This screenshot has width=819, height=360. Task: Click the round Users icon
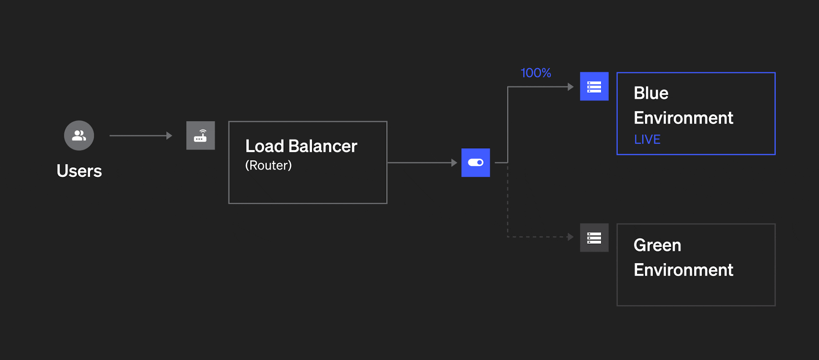(79, 136)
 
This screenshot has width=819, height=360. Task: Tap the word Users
(79, 171)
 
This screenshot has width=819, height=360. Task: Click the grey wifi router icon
(201, 136)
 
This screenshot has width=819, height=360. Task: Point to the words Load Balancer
(301, 146)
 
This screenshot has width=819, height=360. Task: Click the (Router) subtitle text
(268, 165)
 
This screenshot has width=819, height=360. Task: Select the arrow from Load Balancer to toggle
(422, 163)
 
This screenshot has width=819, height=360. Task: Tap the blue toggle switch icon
(475, 163)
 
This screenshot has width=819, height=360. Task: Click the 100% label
(536, 73)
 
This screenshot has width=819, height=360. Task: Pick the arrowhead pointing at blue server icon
(570, 87)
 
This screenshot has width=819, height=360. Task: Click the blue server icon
(594, 86)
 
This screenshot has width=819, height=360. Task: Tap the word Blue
(651, 93)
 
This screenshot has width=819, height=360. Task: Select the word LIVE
(647, 140)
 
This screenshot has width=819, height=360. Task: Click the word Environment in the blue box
(683, 118)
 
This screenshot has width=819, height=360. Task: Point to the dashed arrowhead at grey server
(570, 237)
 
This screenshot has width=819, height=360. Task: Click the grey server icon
(594, 238)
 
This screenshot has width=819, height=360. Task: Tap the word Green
(657, 245)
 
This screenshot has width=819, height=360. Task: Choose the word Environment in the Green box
(683, 270)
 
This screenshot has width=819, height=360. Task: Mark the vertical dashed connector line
(508, 201)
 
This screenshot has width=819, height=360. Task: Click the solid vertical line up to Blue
(508, 123)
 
